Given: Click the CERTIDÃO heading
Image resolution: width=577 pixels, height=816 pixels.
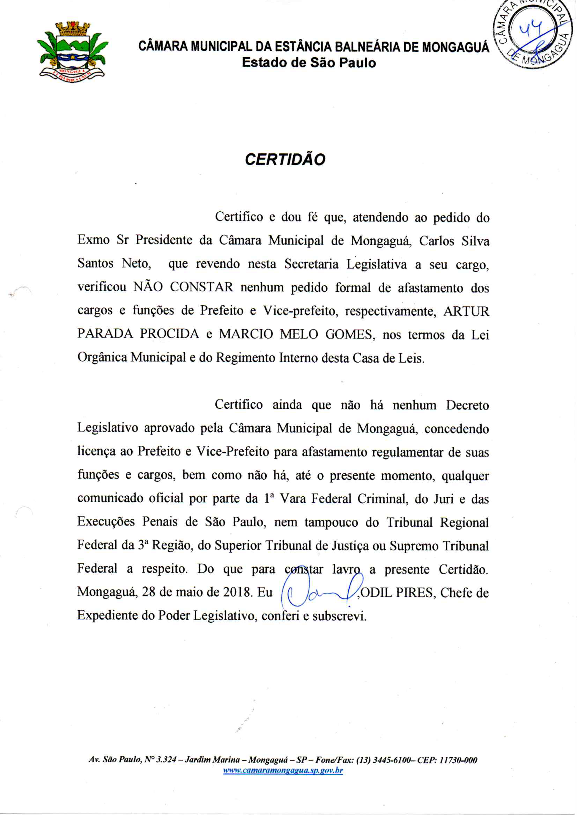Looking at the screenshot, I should pyautogui.click(x=285, y=160).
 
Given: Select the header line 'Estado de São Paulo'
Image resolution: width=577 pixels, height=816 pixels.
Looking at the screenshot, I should pyautogui.click(x=309, y=63).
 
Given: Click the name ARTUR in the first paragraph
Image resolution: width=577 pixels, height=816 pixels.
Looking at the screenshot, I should pyautogui.click(x=466, y=312).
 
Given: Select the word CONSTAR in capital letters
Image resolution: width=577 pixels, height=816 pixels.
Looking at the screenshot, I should pyautogui.click(x=201, y=287).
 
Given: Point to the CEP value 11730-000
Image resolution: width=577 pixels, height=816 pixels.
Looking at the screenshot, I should pyautogui.click(x=458, y=760).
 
